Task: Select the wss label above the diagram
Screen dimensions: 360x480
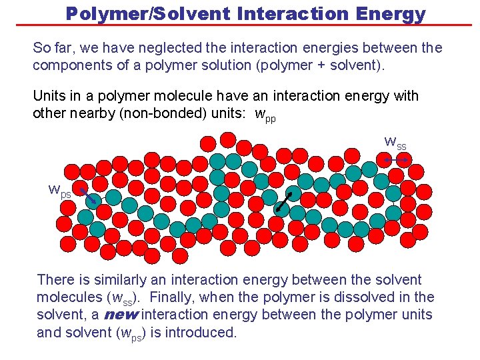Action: (395, 142)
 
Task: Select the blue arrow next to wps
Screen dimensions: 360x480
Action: (88, 196)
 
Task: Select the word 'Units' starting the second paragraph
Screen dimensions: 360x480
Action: (50, 96)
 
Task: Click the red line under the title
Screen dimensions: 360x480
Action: (240, 25)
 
